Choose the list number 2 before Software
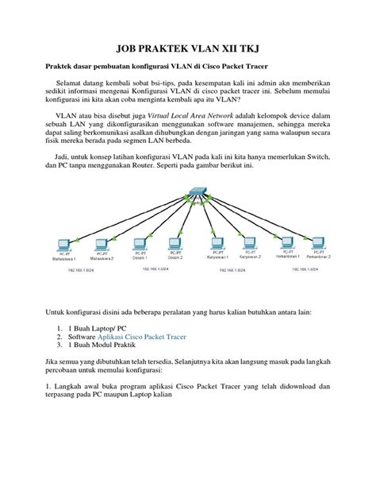pos(59,336)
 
